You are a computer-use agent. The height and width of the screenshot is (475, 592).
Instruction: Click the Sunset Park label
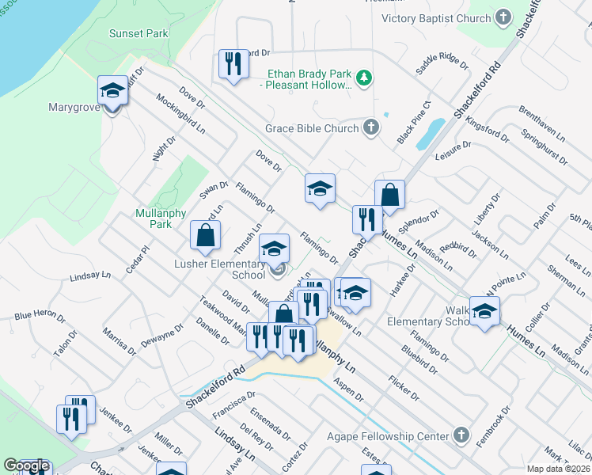139,33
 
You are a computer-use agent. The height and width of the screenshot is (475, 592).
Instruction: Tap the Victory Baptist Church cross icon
503,18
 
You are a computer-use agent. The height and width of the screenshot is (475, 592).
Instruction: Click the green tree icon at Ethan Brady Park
364,78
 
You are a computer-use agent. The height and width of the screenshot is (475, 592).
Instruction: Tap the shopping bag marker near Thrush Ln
205,234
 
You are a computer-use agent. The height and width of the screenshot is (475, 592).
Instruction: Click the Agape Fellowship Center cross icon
462,435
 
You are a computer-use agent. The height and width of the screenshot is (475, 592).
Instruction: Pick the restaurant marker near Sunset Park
232,63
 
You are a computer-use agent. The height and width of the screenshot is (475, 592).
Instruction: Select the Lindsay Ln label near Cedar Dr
90,276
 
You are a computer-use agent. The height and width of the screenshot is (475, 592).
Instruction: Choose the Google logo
26,465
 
